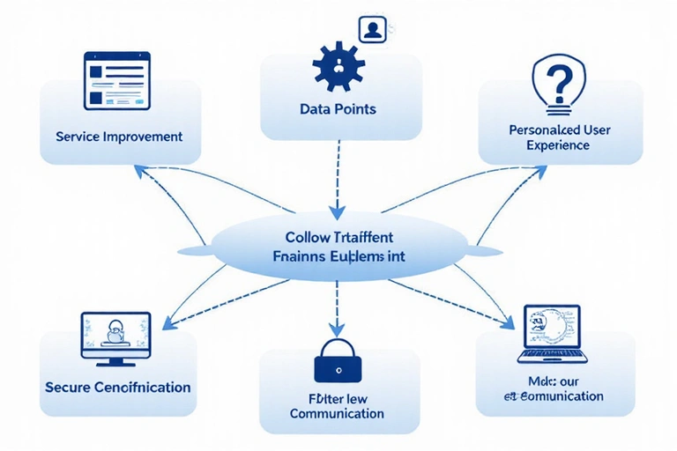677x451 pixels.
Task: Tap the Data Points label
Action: tap(338, 109)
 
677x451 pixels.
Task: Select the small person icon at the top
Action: tap(372, 28)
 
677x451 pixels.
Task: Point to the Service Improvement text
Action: tap(119, 137)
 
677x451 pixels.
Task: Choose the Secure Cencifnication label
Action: tap(117, 387)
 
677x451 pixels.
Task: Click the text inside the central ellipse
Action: tap(339, 247)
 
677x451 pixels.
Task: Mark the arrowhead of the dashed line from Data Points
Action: tap(337, 211)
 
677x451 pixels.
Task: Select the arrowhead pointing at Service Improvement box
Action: tap(138, 167)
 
